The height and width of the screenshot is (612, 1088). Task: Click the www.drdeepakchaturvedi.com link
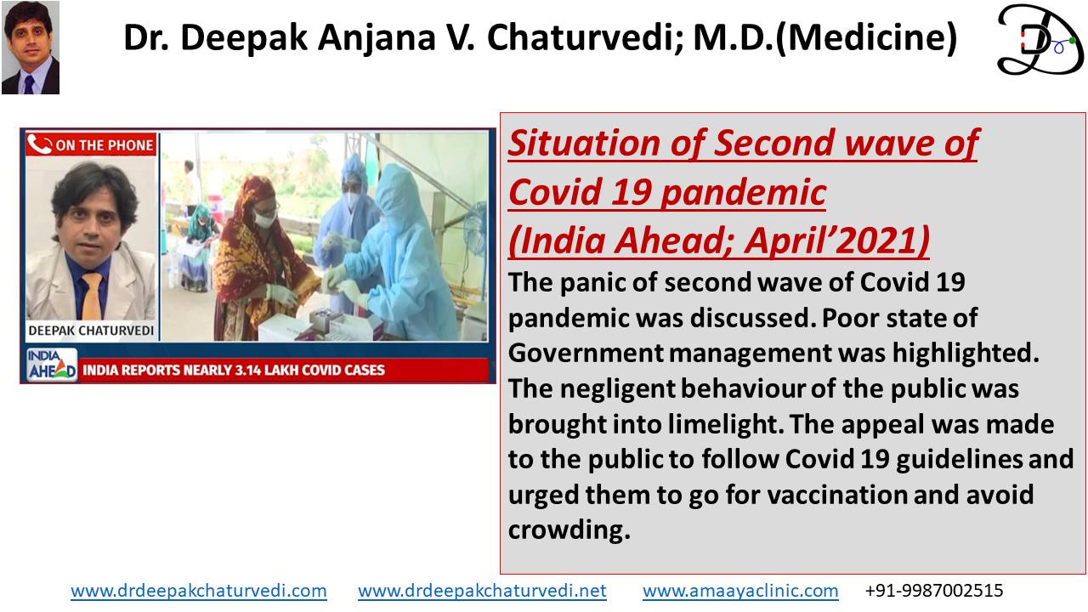[199, 591]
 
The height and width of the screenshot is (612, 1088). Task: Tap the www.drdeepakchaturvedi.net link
[482, 591]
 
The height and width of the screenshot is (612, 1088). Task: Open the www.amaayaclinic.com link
[740, 591]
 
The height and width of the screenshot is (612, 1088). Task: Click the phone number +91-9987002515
[934, 591]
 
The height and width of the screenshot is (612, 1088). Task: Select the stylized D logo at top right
[1040, 40]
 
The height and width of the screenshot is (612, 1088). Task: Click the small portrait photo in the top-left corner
[31, 47]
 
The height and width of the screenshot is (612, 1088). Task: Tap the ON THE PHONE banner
[91, 144]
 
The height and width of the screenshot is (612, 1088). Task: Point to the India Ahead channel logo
[52, 365]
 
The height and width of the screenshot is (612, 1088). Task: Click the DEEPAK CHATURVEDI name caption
[91, 331]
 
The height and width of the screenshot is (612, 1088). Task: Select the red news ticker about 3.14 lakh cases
[283, 370]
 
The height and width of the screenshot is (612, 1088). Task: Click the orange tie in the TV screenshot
[92, 296]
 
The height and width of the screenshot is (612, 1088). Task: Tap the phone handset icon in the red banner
[40, 144]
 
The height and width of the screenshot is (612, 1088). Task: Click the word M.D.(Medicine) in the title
[824, 37]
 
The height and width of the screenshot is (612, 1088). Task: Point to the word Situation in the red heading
[584, 144]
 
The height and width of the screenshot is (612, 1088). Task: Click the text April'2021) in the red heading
[837, 241]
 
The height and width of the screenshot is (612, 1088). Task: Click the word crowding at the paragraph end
[569, 530]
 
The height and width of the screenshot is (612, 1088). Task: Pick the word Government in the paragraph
[586, 353]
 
